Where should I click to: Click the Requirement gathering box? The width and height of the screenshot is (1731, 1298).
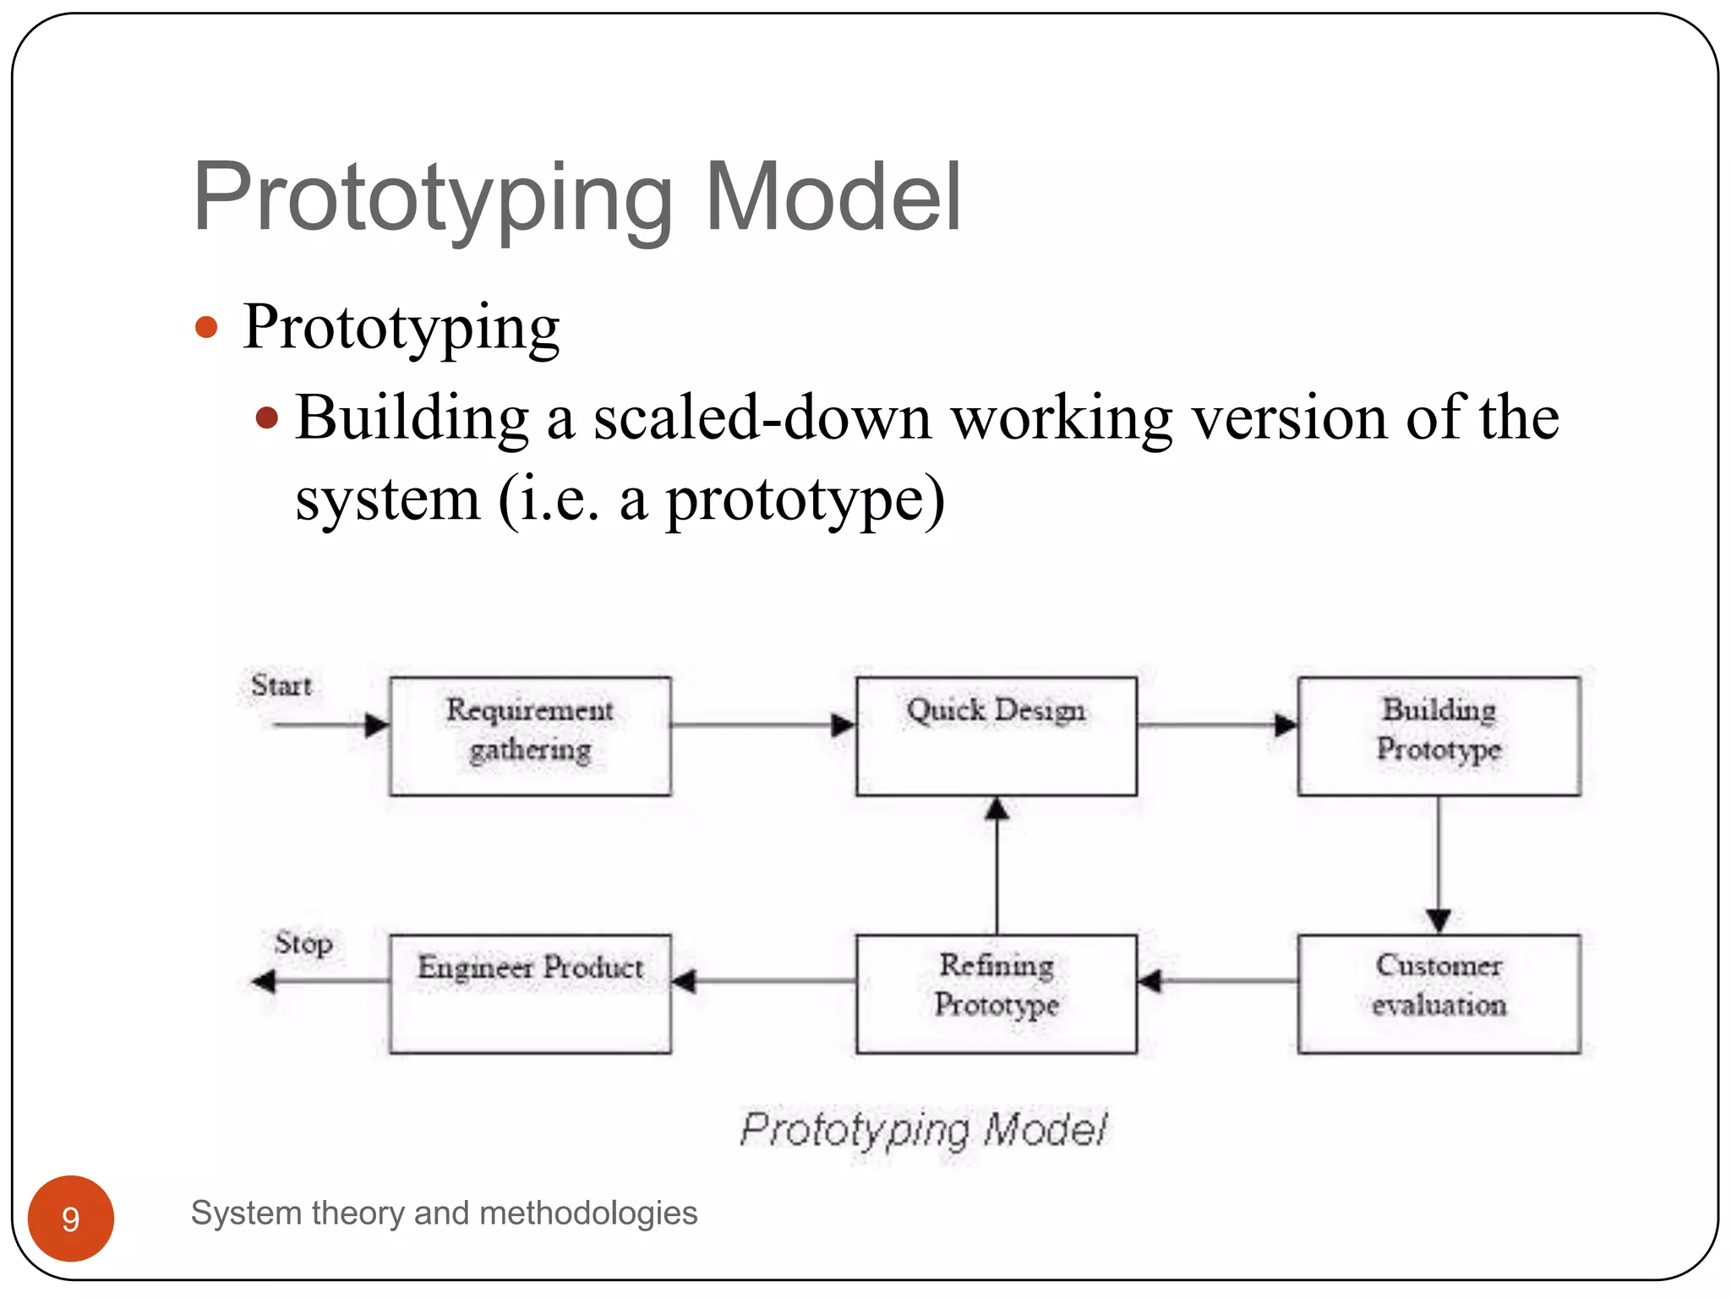(530, 736)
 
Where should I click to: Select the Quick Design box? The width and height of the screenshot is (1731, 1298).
(996, 736)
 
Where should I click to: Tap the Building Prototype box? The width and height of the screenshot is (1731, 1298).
(1439, 736)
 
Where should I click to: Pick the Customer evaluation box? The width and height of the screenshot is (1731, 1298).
(1439, 993)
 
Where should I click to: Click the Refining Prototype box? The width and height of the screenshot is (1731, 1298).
(996, 993)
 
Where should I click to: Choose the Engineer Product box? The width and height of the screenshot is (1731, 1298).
(530, 993)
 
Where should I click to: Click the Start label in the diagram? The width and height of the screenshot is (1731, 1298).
(281, 685)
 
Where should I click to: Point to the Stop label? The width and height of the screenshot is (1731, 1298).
(303, 942)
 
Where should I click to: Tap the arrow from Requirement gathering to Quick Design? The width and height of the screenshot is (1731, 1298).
(761, 725)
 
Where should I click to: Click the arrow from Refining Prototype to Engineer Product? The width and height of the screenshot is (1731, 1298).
(765, 981)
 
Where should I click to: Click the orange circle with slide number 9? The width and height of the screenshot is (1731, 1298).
(71, 1218)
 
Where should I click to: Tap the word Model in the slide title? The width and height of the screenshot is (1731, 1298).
(833, 198)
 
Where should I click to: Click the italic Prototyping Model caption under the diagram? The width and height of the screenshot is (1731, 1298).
(923, 1130)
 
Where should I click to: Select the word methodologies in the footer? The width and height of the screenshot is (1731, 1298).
(587, 1213)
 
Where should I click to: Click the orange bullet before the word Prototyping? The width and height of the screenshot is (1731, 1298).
(206, 327)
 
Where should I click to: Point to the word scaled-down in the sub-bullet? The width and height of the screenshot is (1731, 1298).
(762, 418)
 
